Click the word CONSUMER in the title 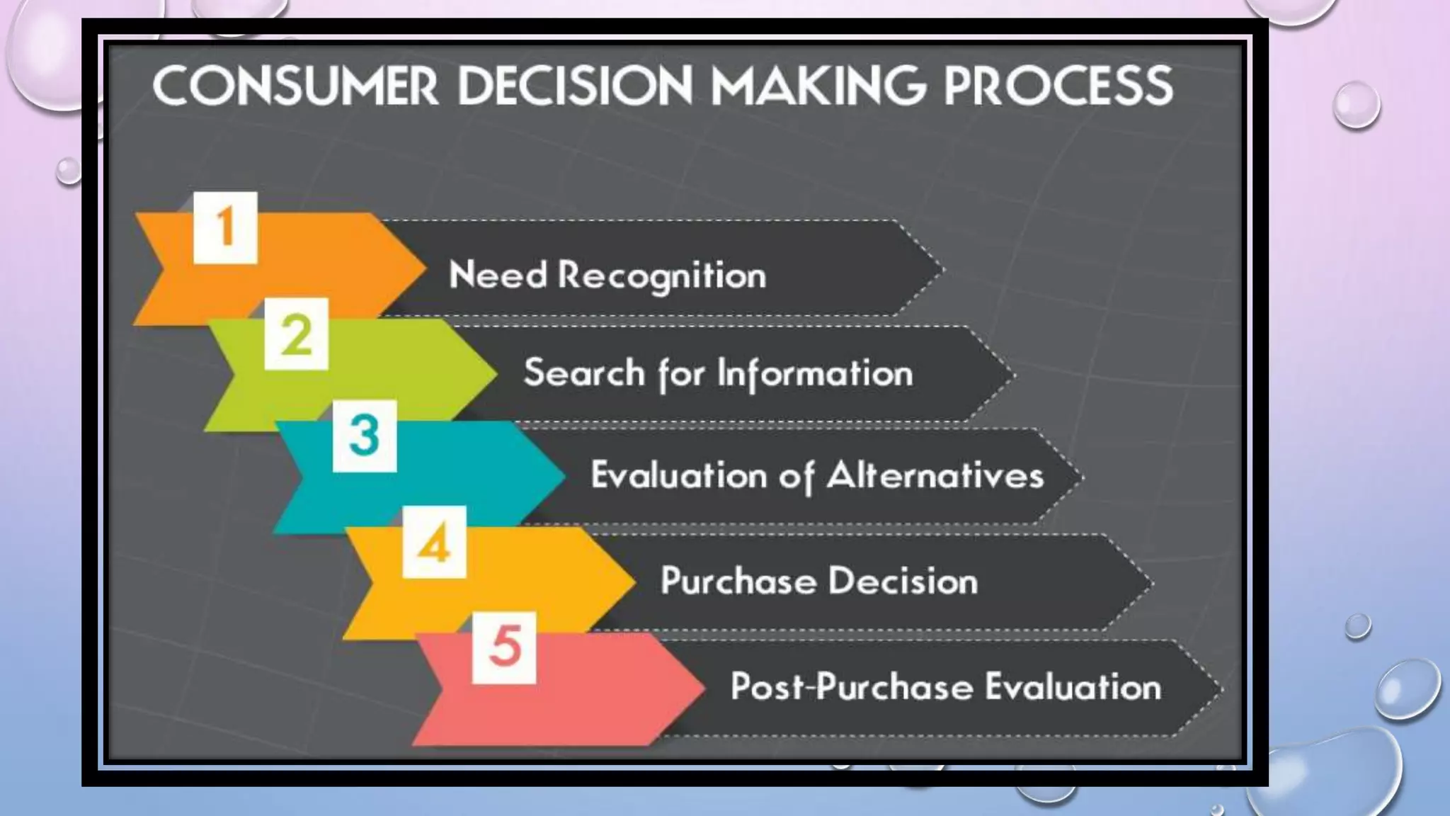295,86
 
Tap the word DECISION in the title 575,86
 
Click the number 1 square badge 225,227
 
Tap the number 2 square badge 296,334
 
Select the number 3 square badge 365,436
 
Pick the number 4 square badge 434,542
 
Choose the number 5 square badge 504,647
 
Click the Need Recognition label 607,276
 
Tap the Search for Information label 718,373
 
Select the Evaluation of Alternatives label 817,475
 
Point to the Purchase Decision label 819,581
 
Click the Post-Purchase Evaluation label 946,687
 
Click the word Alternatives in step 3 935,475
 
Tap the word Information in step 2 815,373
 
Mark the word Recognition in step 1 662,276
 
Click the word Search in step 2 584,373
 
